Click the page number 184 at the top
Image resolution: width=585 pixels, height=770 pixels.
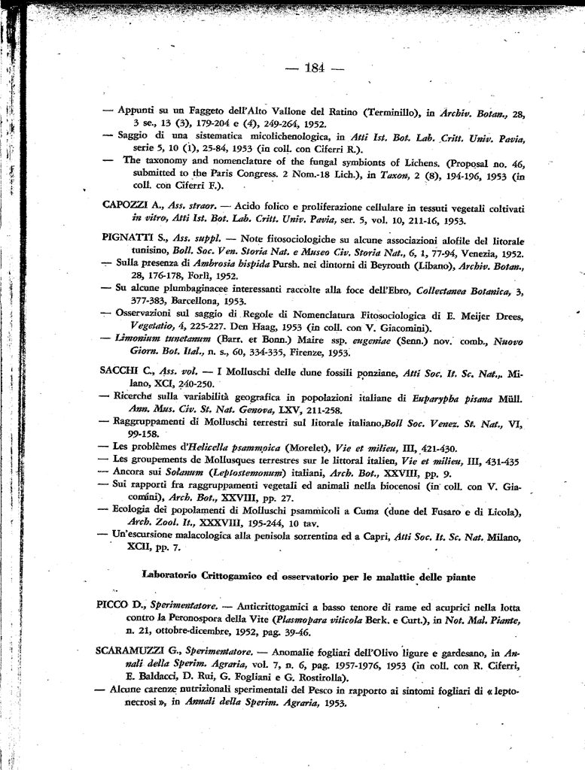pyautogui.click(x=314, y=68)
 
